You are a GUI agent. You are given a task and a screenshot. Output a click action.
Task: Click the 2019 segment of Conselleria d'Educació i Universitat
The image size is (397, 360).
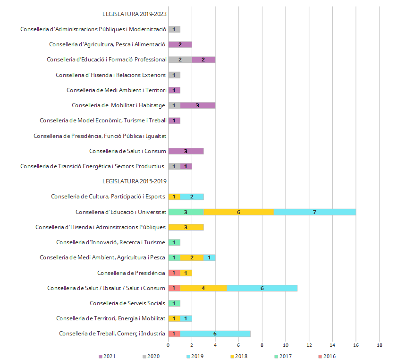tap(314, 212)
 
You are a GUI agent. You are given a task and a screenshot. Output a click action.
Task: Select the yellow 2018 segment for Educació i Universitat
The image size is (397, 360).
tap(238, 212)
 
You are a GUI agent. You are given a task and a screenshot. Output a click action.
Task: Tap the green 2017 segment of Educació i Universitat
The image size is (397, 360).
tap(186, 212)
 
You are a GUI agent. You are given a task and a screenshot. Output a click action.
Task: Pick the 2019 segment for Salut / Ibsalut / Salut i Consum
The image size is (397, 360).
tap(262, 288)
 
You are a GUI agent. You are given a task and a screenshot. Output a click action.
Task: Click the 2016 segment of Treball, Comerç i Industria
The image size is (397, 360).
tap(174, 334)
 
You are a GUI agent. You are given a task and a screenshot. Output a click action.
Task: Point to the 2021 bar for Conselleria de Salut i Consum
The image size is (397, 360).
tap(186, 151)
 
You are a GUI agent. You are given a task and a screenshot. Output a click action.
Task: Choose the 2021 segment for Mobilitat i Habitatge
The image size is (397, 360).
tap(197, 105)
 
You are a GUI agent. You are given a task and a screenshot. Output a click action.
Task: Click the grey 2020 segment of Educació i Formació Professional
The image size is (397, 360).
tap(180, 60)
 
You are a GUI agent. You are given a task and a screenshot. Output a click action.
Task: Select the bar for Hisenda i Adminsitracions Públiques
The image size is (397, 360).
tap(186, 227)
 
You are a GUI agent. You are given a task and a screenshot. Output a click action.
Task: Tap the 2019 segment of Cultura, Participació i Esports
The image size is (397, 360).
tap(192, 197)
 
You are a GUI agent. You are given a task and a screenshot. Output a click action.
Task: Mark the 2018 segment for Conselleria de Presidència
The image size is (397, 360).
tap(186, 273)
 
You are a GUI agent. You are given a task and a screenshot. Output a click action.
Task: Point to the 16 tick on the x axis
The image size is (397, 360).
tap(356, 345)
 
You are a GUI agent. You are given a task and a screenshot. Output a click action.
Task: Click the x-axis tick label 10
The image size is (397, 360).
tap(286, 345)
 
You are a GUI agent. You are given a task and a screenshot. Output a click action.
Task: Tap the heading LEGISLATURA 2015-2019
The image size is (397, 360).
tap(134, 181)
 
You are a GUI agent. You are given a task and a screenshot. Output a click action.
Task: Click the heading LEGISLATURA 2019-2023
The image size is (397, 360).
tap(134, 14)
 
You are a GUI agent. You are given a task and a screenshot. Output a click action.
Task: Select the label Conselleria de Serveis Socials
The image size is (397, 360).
tap(127, 303)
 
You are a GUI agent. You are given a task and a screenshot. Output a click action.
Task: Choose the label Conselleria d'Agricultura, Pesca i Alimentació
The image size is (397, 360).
tap(107, 44)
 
